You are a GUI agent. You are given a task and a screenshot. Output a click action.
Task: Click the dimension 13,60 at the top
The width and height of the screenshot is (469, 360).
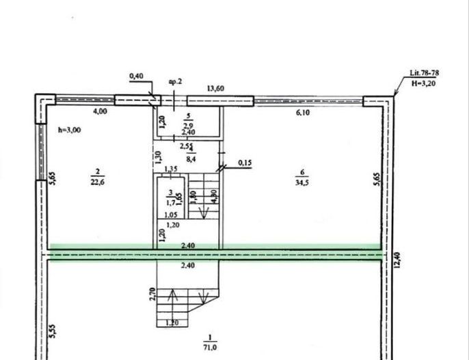click(217, 87)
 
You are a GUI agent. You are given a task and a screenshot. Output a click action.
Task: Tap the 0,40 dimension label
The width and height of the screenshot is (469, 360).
click(137, 76)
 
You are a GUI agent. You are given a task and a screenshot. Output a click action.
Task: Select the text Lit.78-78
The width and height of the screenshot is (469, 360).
click(424, 72)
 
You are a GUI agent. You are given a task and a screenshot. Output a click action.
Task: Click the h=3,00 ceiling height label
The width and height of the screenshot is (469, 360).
click(70, 128)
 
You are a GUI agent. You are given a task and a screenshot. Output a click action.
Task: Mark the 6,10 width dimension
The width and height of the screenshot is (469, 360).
click(303, 113)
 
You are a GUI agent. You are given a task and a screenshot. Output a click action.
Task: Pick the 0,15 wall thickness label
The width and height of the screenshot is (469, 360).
click(245, 163)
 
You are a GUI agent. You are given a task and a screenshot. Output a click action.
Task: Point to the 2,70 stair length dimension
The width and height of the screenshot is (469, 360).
click(153, 294)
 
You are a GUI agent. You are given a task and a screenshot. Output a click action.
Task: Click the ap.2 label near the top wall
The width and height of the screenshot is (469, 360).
click(175, 81)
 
